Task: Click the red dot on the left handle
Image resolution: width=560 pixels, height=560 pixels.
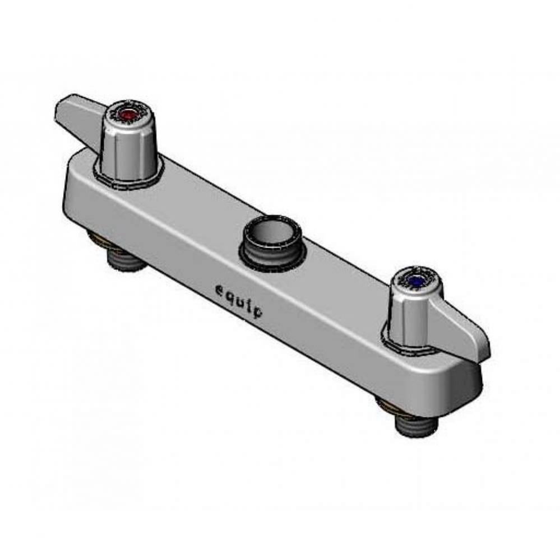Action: (x=128, y=116)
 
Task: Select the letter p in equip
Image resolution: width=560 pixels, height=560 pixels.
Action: (x=257, y=311)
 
